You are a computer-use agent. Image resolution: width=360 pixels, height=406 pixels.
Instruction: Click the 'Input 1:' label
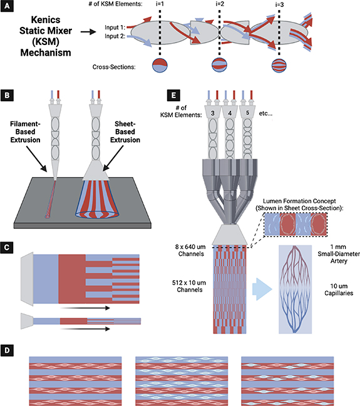[x=115, y=28]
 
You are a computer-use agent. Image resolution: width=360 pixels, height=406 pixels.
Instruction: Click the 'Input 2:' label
[x=115, y=37]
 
